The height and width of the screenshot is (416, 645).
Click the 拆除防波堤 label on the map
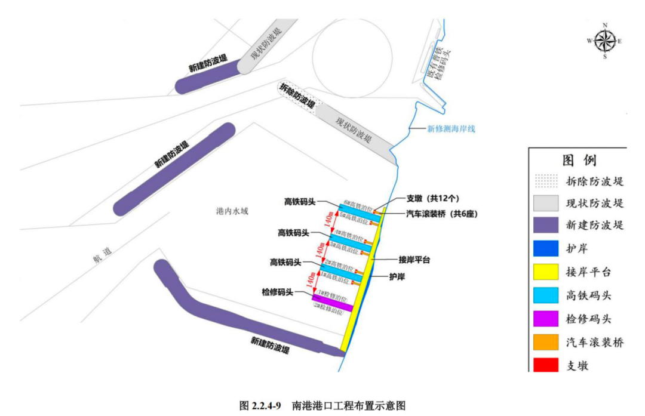297,95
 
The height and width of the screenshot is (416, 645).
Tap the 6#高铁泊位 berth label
358,204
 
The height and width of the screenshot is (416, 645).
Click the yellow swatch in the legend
544,272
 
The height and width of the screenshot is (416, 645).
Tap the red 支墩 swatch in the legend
544,365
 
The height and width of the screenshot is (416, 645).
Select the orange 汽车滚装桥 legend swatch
544,342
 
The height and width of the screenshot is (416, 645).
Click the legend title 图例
579,161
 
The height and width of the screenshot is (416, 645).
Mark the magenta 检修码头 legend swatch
544,319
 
